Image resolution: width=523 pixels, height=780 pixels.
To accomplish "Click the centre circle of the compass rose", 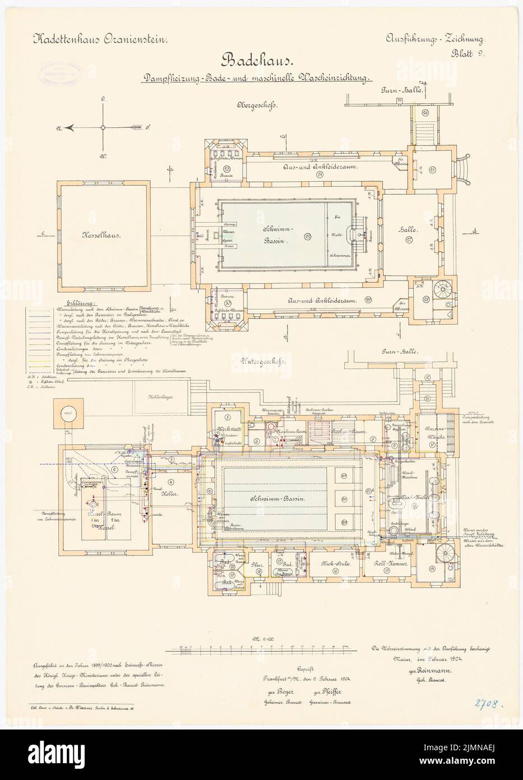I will coord(103,128).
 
